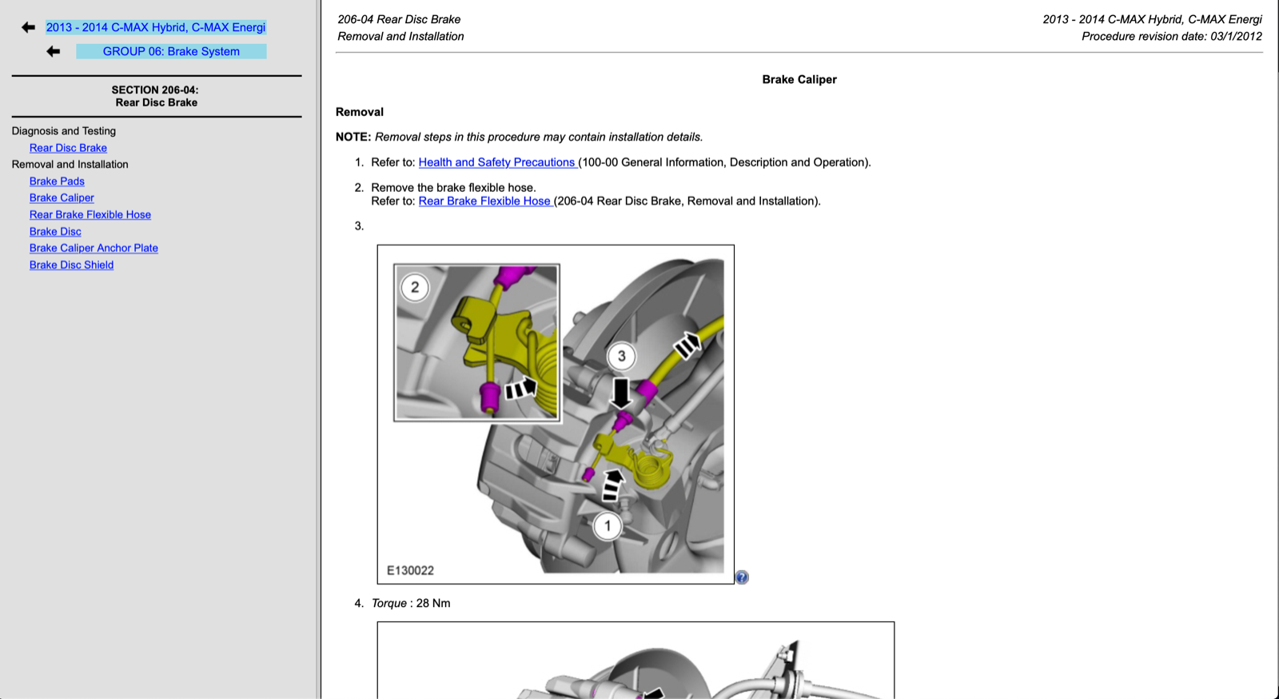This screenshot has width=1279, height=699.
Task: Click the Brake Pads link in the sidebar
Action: pos(57,182)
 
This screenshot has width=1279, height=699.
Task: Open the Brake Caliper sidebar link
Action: pos(62,198)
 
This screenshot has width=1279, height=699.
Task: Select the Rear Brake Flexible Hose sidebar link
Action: pos(90,214)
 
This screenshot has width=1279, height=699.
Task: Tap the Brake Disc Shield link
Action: pos(71,265)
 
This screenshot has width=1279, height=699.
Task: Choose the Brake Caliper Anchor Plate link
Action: pos(94,248)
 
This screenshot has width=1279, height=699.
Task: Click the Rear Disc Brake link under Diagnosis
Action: pos(68,148)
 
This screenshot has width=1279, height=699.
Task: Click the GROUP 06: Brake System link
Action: pos(171,51)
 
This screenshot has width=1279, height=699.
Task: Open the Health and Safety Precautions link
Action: pos(496,162)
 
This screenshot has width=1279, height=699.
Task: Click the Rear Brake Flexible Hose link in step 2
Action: pos(484,202)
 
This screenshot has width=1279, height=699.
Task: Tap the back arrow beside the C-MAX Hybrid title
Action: pos(29,27)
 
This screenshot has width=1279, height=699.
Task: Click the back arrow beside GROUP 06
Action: pos(54,51)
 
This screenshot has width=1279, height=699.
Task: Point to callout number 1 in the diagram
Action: pos(608,525)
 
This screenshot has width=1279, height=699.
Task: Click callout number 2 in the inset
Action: pos(414,287)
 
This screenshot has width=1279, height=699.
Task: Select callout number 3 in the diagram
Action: pos(621,356)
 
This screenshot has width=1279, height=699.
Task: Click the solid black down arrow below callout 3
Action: pos(621,393)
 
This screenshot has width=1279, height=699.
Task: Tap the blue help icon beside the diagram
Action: pos(742,577)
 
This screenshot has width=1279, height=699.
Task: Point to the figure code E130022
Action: pos(410,570)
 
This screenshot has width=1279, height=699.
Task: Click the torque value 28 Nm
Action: pos(432,603)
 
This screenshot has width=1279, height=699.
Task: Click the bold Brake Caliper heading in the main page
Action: pos(799,79)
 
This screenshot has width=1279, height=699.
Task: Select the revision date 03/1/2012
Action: pos(1234,36)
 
